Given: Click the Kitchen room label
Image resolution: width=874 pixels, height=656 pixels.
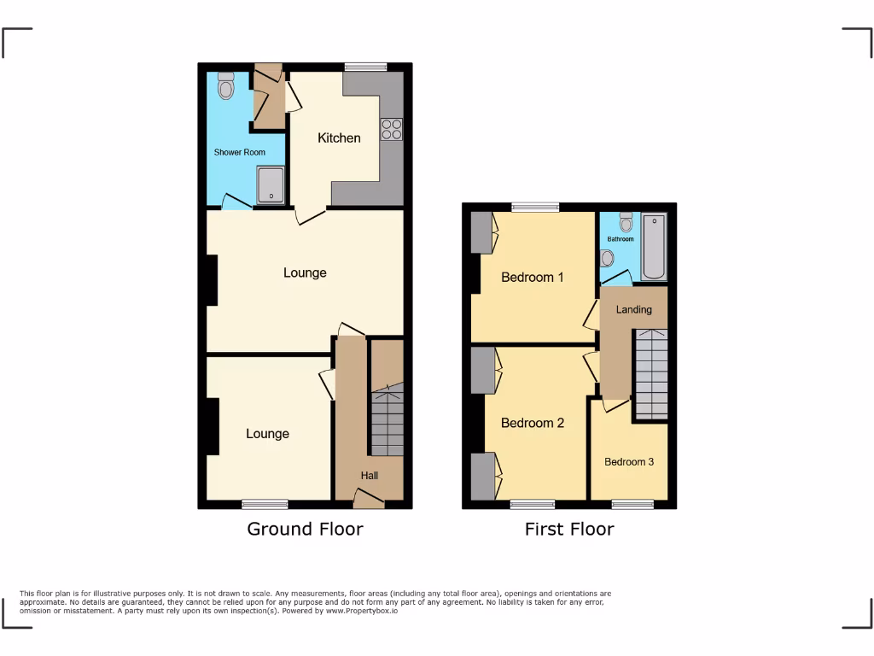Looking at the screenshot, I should pyautogui.click(x=339, y=138).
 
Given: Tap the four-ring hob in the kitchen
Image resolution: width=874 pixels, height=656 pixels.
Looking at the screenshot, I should pyautogui.click(x=392, y=129).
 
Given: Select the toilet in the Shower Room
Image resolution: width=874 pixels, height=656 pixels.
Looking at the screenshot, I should pyautogui.click(x=225, y=86).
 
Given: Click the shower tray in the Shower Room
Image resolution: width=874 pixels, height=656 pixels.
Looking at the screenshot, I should pyautogui.click(x=271, y=184).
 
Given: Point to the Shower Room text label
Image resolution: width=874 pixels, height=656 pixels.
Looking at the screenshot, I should pyautogui.click(x=239, y=152).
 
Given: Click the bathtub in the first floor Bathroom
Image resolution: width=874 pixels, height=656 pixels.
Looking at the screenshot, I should pyautogui.click(x=654, y=248).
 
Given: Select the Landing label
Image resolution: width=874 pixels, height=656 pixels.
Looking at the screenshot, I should pyautogui.click(x=633, y=309).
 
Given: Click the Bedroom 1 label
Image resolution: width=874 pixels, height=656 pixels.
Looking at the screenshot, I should pyautogui.click(x=532, y=277).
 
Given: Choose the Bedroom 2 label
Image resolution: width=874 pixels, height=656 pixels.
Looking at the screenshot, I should pyautogui.click(x=532, y=423).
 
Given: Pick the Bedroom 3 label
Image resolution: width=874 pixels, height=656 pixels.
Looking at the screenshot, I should pyautogui.click(x=629, y=461).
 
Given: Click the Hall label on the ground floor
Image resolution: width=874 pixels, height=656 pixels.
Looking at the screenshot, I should pyautogui.click(x=369, y=476).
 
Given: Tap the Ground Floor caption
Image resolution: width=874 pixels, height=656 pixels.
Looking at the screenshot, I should pyautogui.click(x=305, y=529).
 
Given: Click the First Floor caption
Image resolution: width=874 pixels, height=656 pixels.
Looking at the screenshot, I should pyautogui.click(x=568, y=529).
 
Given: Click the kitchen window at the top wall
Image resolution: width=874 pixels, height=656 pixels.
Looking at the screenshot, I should pyautogui.click(x=365, y=67).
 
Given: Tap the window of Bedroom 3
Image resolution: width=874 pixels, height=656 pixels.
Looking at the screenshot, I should pyautogui.click(x=632, y=505).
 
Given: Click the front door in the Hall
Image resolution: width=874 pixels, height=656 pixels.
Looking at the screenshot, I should pyautogui.click(x=369, y=501).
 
